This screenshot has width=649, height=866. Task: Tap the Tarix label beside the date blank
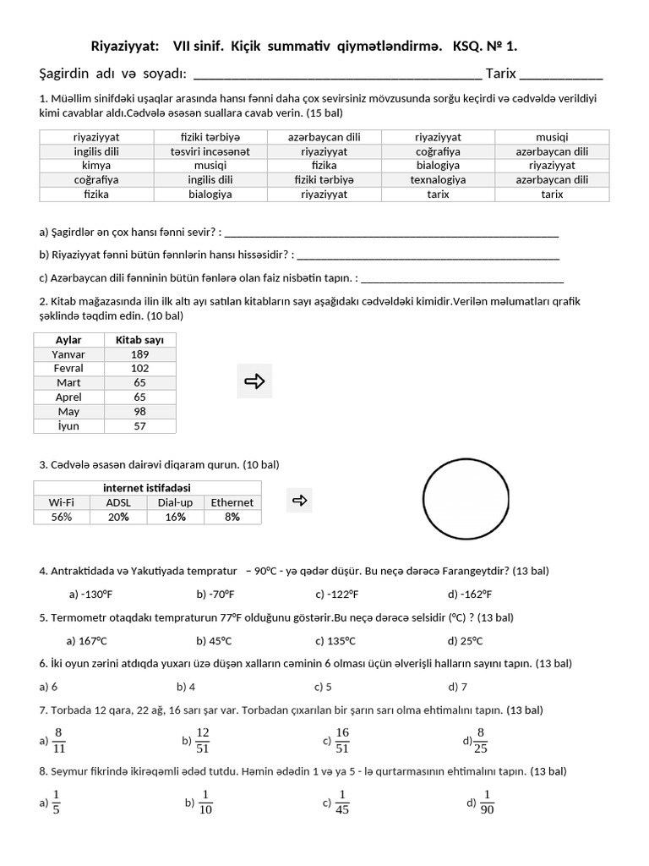click(501, 74)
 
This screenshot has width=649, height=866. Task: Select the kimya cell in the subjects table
click(96, 166)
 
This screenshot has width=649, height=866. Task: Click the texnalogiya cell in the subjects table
click(438, 180)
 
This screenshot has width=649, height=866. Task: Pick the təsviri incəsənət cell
click(210, 151)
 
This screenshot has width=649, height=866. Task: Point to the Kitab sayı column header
click(139, 340)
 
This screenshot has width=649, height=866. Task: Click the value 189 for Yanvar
click(139, 354)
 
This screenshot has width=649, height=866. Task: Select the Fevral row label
click(68, 369)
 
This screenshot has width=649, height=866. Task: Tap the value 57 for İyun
click(139, 426)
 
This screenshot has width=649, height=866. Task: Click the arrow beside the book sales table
click(254, 381)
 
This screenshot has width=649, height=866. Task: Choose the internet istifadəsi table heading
click(147, 488)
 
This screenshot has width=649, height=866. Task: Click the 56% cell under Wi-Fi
click(62, 517)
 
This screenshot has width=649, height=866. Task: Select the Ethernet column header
click(232, 502)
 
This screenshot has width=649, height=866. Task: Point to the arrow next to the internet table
click(299, 501)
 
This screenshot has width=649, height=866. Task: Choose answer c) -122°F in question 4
click(337, 594)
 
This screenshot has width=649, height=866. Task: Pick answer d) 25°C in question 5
click(466, 640)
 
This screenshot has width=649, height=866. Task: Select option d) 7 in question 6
click(458, 687)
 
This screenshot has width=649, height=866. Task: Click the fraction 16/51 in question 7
click(342, 740)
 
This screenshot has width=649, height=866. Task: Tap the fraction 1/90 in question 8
click(487, 802)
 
